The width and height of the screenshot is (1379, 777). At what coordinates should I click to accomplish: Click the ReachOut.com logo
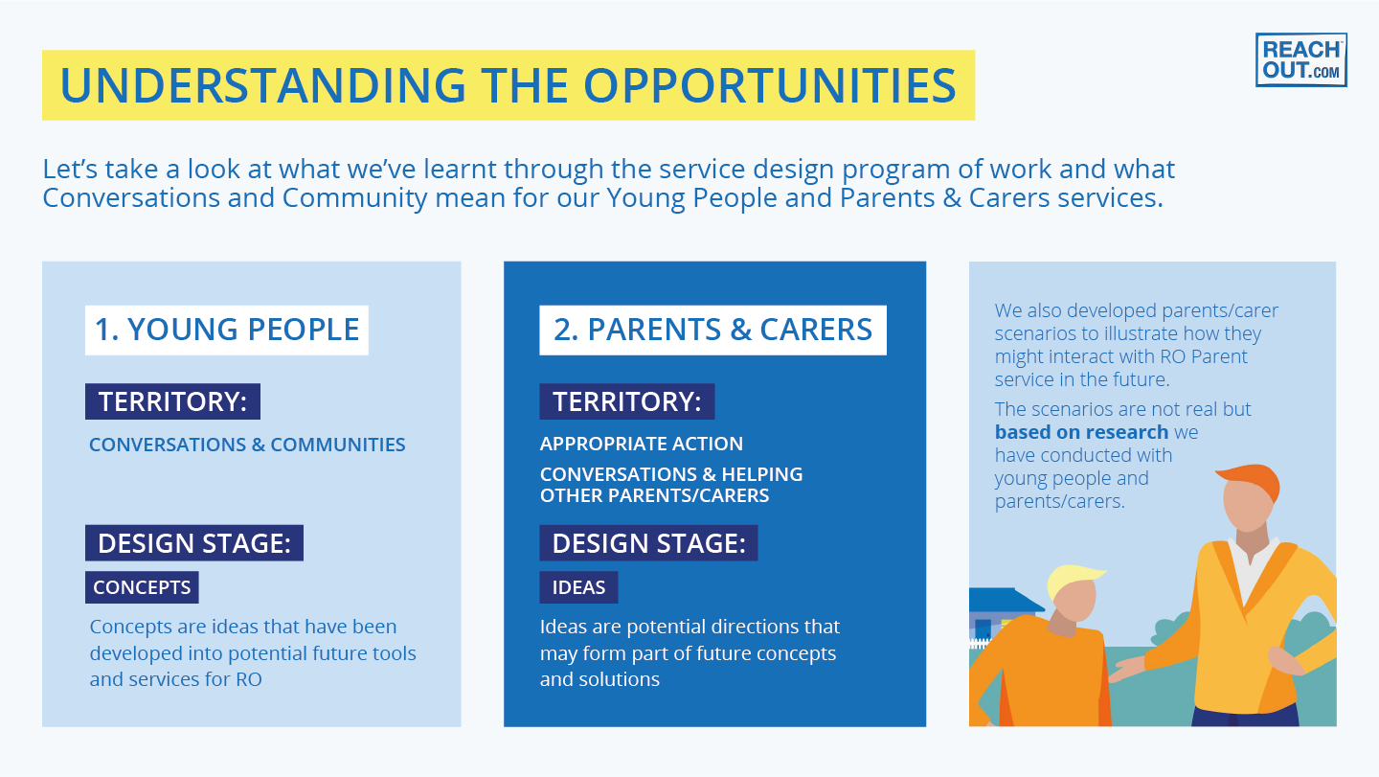tap(1300, 59)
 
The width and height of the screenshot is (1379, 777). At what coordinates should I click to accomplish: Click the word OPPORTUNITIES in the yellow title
tap(770, 85)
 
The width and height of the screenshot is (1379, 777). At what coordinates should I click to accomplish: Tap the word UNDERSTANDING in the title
tap(262, 85)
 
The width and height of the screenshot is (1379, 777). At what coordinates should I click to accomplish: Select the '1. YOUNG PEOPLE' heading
tap(227, 330)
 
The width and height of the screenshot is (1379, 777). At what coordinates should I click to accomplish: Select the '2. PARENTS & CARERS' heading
tap(712, 330)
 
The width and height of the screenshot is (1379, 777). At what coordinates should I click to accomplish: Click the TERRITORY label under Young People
tap(172, 401)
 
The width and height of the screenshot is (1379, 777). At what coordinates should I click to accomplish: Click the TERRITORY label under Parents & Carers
tap(626, 401)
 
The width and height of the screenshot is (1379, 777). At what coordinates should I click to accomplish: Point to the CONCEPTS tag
tap(142, 587)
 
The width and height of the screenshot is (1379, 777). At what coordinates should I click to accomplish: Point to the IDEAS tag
tap(578, 587)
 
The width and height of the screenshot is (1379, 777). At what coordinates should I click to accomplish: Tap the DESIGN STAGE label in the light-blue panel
tap(193, 543)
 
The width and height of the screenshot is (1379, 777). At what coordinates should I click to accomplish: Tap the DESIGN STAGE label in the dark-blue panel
tap(648, 543)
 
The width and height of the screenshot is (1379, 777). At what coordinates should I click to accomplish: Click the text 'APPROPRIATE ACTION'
tap(641, 444)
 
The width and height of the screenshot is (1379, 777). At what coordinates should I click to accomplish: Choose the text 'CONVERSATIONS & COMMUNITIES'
tap(247, 445)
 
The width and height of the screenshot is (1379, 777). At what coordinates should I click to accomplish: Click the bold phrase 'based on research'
tap(1081, 432)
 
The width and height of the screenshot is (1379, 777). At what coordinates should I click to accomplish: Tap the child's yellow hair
tap(1074, 579)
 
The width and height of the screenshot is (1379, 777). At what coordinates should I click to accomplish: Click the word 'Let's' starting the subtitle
tap(70, 169)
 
